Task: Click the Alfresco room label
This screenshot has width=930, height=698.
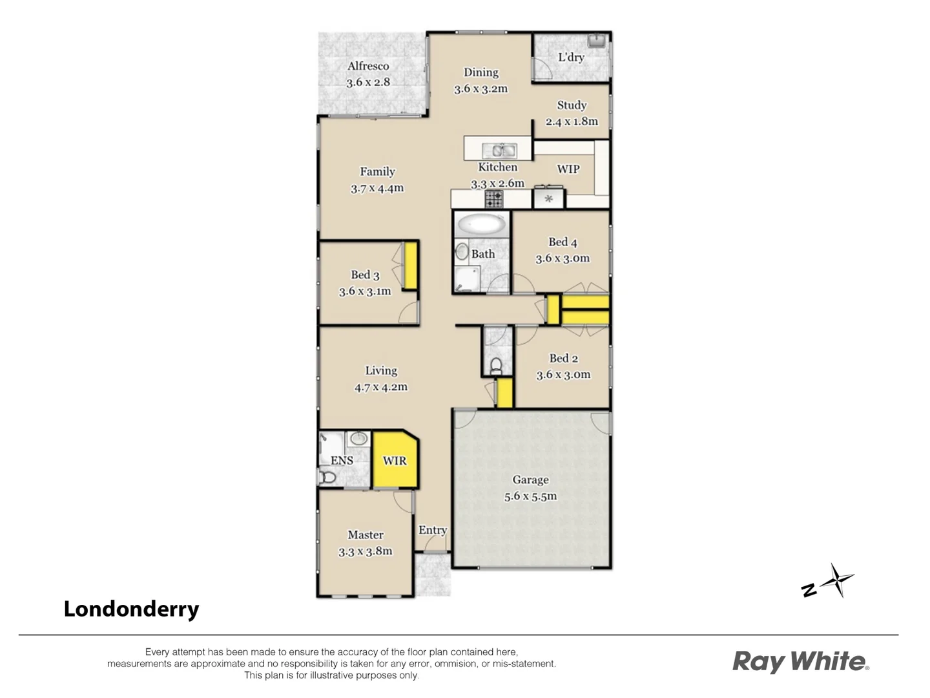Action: click(368, 66)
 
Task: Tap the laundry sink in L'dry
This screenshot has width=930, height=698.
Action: click(599, 41)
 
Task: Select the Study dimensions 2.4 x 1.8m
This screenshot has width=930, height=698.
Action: click(572, 122)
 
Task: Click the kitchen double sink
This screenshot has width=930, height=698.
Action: click(499, 151)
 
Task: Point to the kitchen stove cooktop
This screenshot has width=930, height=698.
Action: click(494, 199)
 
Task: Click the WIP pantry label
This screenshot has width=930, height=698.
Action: click(568, 169)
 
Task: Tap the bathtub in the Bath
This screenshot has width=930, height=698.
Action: click(481, 225)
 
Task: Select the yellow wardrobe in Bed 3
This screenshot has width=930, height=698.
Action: click(410, 266)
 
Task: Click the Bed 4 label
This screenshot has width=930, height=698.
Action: click(563, 242)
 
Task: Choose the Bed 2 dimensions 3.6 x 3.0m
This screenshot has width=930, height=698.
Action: click(563, 375)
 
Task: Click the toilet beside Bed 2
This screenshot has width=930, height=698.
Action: click(496, 366)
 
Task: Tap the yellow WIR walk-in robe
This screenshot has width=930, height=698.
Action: click(395, 460)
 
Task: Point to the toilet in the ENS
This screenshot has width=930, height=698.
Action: click(327, 478)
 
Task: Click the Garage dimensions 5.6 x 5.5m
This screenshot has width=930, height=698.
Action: click(530, 496)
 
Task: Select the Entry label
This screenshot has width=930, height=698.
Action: click(433, 530)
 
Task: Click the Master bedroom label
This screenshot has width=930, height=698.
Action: click(366, 534)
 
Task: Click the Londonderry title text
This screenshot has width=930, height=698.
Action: click(131, 609)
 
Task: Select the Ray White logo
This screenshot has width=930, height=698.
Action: click(800, 662)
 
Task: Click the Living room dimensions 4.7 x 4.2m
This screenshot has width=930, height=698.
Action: click(381, 387)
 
